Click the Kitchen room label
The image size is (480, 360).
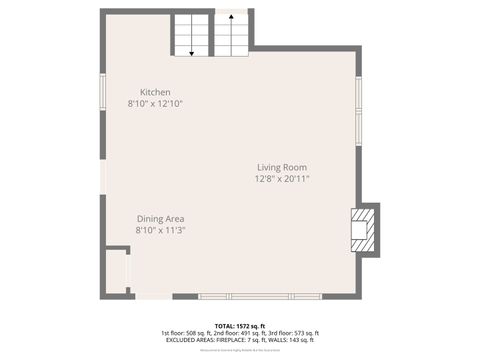tap(154, 92)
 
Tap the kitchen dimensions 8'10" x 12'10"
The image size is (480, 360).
tap(154, 103)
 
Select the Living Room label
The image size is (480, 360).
tap(281, 167)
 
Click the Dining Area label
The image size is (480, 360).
tap(160, 218)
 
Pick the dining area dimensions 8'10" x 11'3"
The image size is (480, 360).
tap(160, 229)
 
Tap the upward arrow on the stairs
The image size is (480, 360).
tap(231, 30)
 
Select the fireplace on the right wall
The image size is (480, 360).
tap(364, 229)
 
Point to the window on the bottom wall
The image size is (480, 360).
tap(260, 296)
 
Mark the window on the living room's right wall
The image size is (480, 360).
tap(358, 100)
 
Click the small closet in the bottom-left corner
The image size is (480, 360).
tap(117, 270)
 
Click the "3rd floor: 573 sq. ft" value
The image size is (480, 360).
tap(292, 332)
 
